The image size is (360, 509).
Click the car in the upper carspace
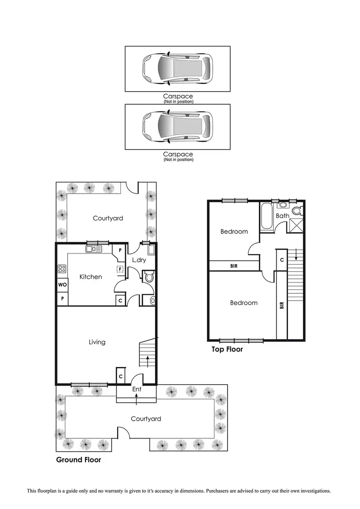coord(177,69)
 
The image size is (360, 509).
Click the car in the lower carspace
coord(177,127)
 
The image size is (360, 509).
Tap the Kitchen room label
coord(91,277)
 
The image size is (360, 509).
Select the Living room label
coord(97,342)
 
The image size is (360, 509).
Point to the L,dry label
coord(139,260)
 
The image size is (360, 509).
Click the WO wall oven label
coord(62,285)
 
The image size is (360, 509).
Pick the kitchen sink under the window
coord(94,249)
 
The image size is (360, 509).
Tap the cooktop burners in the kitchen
coord(62,269)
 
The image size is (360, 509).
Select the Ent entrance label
coord(136,389)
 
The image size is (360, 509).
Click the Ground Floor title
coord(79,460)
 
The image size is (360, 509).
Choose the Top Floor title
coord(228,350)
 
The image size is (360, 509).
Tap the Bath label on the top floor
coord(283,216)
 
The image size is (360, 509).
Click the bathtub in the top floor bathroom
coord(267,217)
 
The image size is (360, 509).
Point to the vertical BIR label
coord(282,304)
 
